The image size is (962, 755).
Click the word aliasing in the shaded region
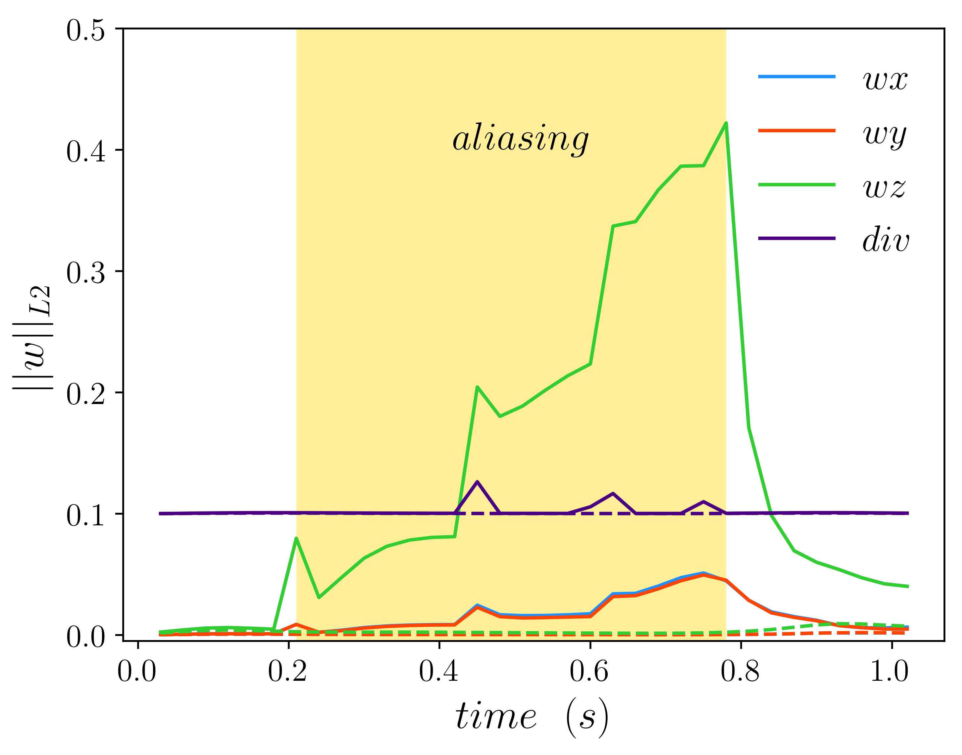tap(520, 139)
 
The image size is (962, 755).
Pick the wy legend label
tap(885, 135)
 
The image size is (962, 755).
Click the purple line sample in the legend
tap(796, 238)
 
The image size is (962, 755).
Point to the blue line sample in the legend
tap(796, 77)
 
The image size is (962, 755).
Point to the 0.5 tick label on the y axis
tap(86, 31)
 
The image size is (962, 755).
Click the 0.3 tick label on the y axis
tap(86, 273)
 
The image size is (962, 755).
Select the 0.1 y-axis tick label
tap(86, 515)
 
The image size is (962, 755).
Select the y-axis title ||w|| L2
tap(33, 338)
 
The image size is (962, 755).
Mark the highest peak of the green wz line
tap(726, 123)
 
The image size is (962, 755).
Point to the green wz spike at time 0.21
tap(296, 538)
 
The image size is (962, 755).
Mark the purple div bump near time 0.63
tap(613, 493)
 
